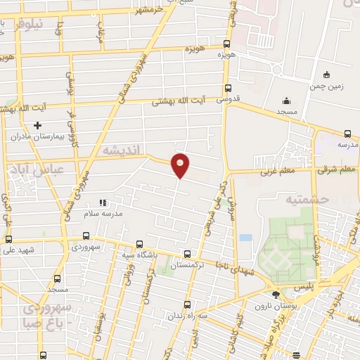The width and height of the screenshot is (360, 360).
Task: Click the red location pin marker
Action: [181, 165]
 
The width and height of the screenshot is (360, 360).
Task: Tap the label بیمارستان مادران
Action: [58, 136]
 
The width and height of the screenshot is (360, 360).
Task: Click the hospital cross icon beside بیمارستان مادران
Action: [37, 125]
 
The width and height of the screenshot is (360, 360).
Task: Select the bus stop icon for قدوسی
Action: [227, 88]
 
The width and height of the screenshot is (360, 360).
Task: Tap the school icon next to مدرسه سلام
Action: [103, 202]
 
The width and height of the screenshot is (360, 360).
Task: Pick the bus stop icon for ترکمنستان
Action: [186, 255]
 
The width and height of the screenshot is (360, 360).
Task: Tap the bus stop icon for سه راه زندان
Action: [186, 304]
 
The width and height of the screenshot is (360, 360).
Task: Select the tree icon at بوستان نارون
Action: [276, 294]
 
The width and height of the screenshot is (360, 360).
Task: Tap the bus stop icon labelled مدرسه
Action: [347, 134]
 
